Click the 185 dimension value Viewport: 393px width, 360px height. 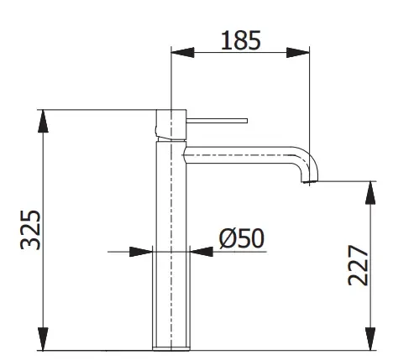pos(241,40)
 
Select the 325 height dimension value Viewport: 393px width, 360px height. pos(30,230)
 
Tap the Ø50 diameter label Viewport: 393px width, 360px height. pos(242,238)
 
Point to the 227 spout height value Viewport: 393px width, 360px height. pos(358,265)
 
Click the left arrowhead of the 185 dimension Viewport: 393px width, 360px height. pos(182,52)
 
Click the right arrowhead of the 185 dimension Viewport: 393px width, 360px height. pos(298,52)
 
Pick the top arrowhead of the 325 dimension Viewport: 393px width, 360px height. pos(43,121)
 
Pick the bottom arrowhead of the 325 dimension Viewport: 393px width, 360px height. pos(43,339)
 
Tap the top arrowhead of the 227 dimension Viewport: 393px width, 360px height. pos(370,193)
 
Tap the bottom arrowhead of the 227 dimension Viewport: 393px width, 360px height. pos(370,339)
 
